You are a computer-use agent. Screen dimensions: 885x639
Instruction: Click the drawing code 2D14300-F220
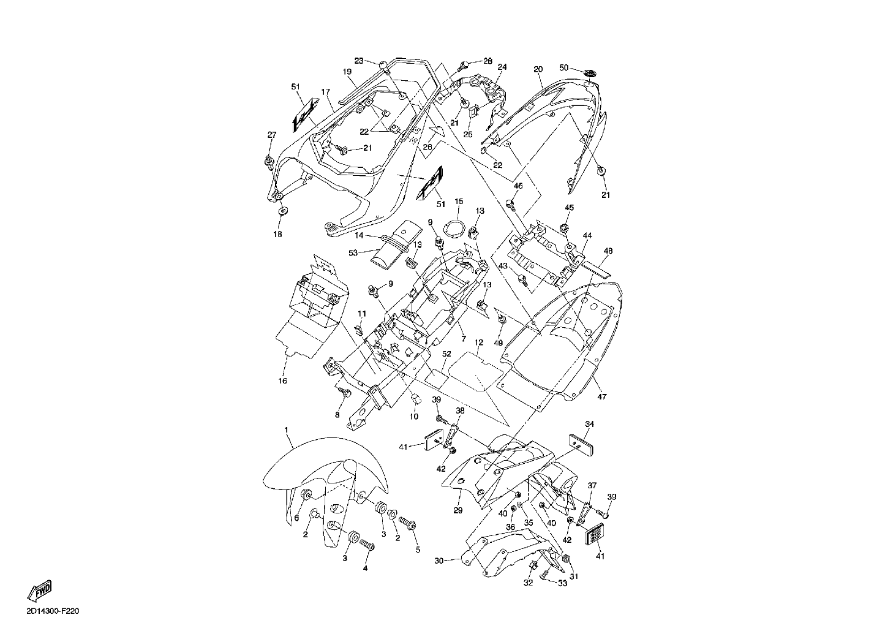[53, 611]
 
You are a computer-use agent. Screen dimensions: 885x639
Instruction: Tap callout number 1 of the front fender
[286, 429]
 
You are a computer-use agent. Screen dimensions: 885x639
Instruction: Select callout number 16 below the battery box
[282, 381]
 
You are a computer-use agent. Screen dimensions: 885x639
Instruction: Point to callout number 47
[601, 396]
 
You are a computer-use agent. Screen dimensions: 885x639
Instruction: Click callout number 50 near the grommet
[564, 67]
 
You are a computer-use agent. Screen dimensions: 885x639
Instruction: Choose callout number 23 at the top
[359, 61]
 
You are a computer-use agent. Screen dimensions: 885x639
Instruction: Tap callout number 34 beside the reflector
[589, 424]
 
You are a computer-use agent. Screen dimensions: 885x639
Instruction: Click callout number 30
[439, 561]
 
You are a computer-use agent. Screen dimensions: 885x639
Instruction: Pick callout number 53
[353, 252]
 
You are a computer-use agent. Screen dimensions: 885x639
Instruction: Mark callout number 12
[479, 342]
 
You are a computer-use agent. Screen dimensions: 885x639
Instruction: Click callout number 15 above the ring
[458, 202]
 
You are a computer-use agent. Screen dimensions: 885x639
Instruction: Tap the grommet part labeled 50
[590, 73]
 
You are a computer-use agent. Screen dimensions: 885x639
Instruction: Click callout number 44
[587, 235]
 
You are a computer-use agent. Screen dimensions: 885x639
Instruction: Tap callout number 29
[458, 510]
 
